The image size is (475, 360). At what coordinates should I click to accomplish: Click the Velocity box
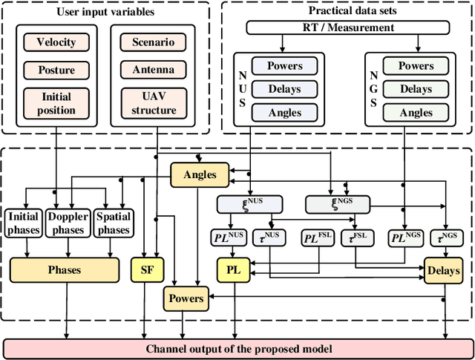tap(56, 42)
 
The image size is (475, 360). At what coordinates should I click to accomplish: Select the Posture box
tap(56, 71)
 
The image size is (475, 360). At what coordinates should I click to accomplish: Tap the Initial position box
tap(56, 104)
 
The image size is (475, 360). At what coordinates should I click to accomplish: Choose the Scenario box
tap(154, 42)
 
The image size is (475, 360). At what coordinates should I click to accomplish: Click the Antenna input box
tap(154, 71)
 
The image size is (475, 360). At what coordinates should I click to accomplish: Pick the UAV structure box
tap(154, 104)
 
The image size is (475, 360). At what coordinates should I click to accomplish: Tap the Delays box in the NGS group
tap(416, 89)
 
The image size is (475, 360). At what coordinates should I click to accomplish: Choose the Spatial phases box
tap(113, 223)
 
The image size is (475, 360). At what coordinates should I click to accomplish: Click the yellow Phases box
tap(64, 270)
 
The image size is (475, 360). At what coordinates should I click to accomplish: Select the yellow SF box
tap(147, 270)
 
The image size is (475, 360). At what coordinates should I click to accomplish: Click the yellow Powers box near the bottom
tap(186, 298)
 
